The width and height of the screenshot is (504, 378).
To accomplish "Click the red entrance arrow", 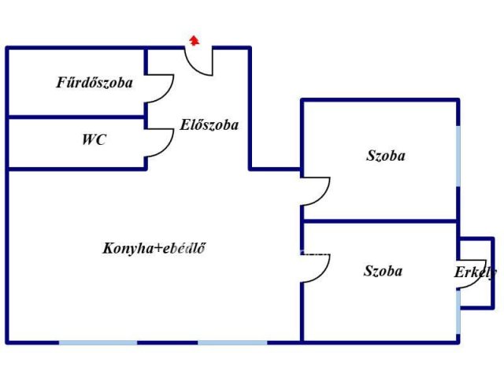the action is [195, 40].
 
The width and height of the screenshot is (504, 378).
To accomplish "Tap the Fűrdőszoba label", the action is [94, 83].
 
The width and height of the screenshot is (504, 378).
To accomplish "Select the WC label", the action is [94, 139].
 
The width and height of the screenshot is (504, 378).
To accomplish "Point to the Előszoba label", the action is [209, 124].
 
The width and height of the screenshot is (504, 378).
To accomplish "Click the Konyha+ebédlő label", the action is [154, 248].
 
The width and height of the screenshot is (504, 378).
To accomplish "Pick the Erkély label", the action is [475, 272].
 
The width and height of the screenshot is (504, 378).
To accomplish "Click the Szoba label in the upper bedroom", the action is [386, 156].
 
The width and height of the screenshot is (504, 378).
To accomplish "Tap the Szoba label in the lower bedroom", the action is [383, 271].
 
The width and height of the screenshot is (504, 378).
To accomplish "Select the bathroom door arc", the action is [160, 89].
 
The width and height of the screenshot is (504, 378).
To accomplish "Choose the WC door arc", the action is [160, 143].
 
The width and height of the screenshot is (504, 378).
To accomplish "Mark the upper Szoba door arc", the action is [316, 191].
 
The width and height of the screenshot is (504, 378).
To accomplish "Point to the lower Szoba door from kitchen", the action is [316, 269].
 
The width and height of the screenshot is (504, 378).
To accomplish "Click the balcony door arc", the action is [472, 274].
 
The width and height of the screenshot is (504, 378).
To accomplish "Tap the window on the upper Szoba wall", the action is [458, 156].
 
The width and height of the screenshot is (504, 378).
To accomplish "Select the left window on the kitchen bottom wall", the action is [98, 343].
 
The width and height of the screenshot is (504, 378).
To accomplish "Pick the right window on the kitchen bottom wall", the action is [232, 343].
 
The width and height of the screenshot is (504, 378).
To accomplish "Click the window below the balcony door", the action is [458, 312].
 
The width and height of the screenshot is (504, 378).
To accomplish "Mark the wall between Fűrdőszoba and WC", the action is [76, 117].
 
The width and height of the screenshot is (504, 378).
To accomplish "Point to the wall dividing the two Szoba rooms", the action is [380, 221].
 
